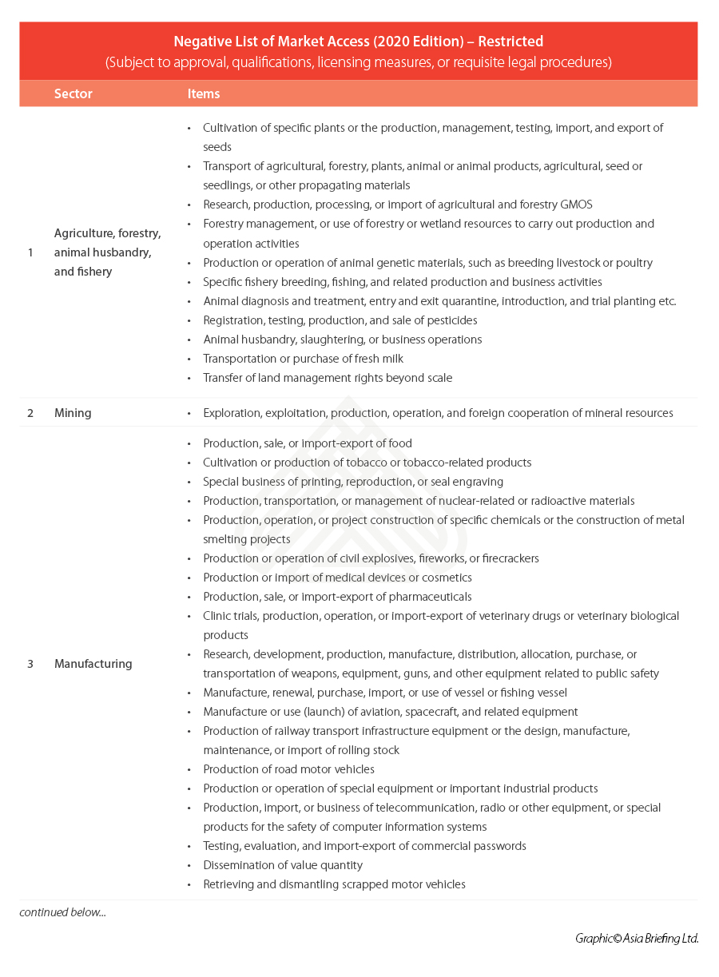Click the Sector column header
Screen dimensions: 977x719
[x=73, y=93]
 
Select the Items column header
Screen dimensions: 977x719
[x=204, y=93]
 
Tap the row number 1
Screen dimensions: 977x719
[x=30, y=252]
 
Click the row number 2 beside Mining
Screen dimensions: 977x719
[x=30, y=413]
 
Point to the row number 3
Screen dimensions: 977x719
[x=30, y=664]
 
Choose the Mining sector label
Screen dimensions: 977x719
[x=73, y=413]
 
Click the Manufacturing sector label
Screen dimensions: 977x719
[x=93, y=664]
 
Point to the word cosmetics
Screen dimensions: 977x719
[x=446, y=578]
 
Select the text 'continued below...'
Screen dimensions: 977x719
[x=62, y=912]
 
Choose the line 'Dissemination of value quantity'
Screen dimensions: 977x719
[x=283, y=865]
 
